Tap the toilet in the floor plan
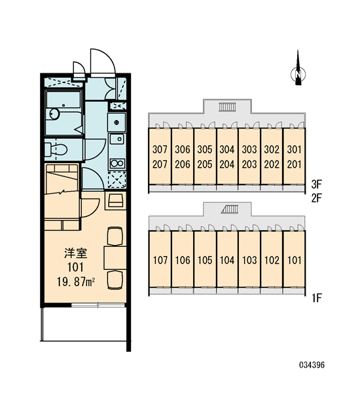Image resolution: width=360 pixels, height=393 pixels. point(56,149)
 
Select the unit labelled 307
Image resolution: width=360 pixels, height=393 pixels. point(160,149)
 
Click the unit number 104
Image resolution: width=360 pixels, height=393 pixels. point(227,260)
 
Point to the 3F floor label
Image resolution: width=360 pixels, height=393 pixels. point(316,185)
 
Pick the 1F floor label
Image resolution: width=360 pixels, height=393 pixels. point(317,298)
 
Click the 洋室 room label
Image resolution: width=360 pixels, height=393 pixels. point(75,253)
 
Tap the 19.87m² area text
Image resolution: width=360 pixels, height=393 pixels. point(76,282)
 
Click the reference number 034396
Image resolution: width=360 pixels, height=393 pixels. point(312,365)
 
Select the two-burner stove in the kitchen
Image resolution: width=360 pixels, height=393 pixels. point(117,163)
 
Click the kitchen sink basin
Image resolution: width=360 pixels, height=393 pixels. point(117,139)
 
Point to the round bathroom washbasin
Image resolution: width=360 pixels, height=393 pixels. point(54,114)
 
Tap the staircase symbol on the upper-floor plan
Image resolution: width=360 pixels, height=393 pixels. point(227,107)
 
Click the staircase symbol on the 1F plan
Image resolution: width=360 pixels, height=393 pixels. point(230,210)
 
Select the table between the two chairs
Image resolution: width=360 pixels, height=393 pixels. point(115,258)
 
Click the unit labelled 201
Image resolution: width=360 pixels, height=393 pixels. point(294,164)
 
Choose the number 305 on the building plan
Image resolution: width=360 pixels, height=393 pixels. point(205,149)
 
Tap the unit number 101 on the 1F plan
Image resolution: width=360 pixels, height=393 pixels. point(294,260)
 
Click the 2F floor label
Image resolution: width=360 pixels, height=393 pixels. point(316,198)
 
